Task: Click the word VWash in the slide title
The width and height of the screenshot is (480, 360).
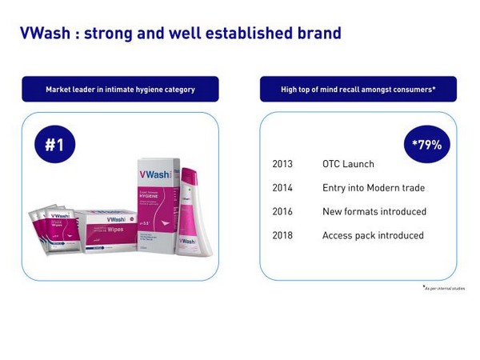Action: pos(45,33)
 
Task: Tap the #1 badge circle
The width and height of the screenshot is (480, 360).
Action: pos(54,145)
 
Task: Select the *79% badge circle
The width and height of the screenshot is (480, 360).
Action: pos(426,145)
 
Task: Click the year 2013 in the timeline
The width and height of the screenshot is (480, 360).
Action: pos(282,164)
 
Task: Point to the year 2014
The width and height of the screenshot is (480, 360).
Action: pos(282,188)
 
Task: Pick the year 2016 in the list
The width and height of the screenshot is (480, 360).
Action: pos(282,212)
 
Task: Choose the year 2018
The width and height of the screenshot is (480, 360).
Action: pos(282,236)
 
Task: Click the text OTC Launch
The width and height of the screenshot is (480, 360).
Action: pos(348,164)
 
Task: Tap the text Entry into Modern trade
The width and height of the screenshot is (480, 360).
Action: pos(373,188)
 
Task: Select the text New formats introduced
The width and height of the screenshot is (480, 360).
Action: pos(374,212)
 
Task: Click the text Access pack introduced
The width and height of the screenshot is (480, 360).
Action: pos(373,236)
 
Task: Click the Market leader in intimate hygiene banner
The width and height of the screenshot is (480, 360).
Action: pos(120,90)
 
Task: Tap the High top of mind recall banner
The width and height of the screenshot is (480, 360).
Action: pos(358,90)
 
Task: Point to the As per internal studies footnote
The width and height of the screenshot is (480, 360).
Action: pos(444,288)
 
